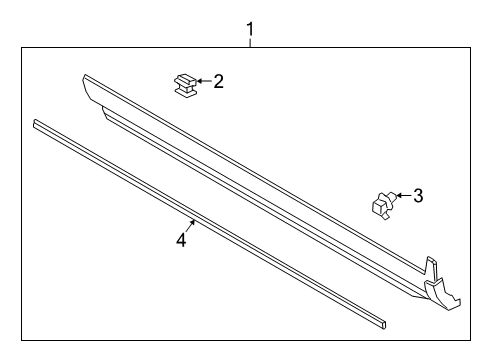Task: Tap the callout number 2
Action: [x=219, y=81]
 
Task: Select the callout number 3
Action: [x=418, y=196]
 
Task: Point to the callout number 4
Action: [x=181, y=240]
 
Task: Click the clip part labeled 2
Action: [x=183, y=85]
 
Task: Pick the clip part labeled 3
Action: [x=381, y=204]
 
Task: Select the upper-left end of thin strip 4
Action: [x=37, y=124]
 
